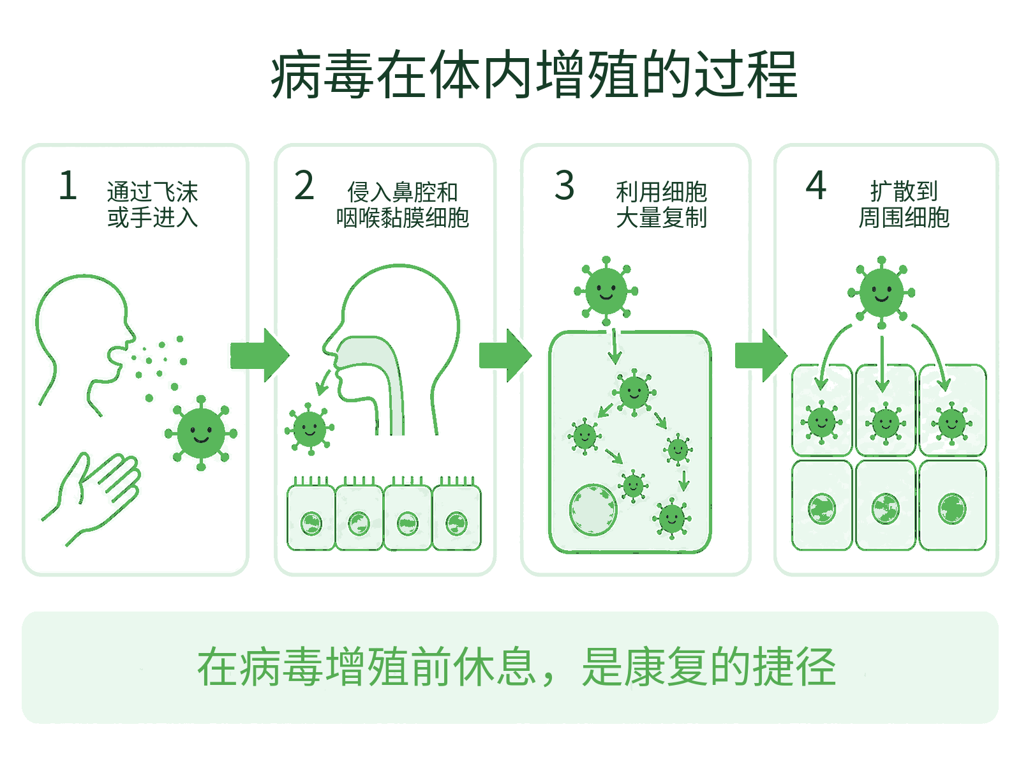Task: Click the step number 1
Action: coord(68,185)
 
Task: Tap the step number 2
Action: coord(304,185)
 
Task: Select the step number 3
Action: coord(564,185)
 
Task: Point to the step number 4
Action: coord(816,185)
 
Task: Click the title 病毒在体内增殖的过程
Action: coord(534,75)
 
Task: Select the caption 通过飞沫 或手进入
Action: coord(153,205)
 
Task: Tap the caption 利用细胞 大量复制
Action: coord(661,205)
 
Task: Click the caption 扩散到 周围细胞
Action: coord(904,205)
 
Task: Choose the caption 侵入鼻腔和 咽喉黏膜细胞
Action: coord(403,205)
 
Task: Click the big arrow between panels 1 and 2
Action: coord(260,356)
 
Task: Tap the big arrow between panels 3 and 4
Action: coord(761,356)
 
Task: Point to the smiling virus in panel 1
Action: coord(201,433)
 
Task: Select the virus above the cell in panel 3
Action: coord(606,290)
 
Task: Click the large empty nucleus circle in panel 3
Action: coord(593,510)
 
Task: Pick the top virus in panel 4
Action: coord(881,292)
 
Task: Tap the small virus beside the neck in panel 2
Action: coord(309,429)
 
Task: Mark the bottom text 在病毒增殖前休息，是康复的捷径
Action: coord(516,667)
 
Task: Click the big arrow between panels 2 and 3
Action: coord(505,356)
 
